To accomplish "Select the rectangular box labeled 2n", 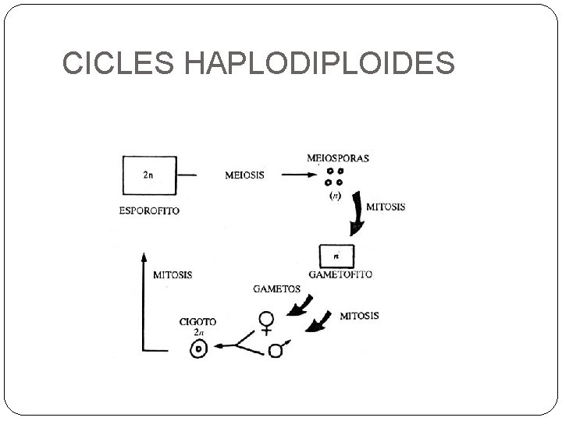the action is coord(148,175).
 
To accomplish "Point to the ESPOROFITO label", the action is coord(149,210).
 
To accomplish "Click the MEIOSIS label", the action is coord(244,175).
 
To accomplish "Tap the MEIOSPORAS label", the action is coord(338,158).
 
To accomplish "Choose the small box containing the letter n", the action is coord(337,256).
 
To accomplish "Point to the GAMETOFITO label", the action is coord(340,274).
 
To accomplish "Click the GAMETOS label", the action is coord(277,288).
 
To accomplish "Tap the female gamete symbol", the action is coord(268,323).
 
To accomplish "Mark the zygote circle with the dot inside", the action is coord(199,349).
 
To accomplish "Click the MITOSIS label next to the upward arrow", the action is coord(173,274).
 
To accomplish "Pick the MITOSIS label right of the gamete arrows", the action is coord(359,316).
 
